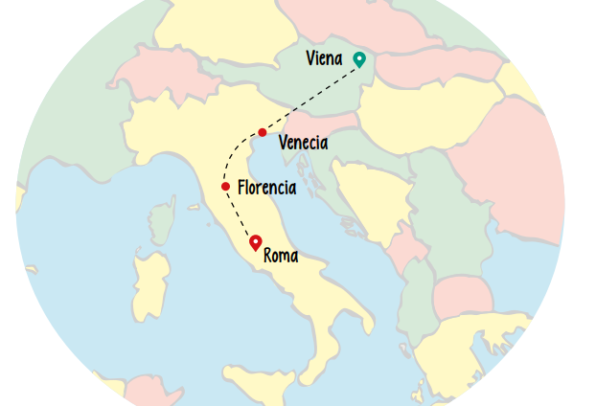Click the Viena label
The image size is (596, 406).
(324, 59)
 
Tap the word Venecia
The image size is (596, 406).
(303, 144)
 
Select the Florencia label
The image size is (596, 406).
(266, 188)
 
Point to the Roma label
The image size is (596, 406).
(280, 256)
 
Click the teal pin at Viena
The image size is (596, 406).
(359, 59)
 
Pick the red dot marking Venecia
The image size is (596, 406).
(262, 132)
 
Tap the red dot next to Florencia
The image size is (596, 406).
(225, 187)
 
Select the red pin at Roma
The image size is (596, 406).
(255, 242)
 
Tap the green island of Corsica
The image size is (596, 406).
(163, 219)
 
